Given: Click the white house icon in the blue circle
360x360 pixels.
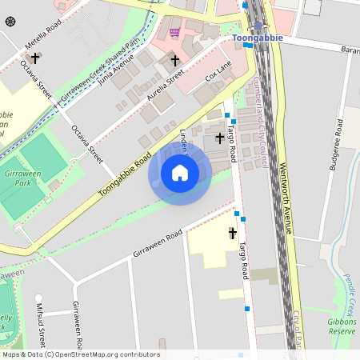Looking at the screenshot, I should click(180, 173).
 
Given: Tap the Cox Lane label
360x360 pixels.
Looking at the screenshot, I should click(218, 75).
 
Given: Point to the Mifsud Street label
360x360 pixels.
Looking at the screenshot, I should click(41, 323).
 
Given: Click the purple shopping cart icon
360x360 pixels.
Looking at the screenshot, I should click(174, 32).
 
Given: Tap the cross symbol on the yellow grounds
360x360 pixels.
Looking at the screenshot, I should click(233, 234).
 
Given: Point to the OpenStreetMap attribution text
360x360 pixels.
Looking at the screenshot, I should click(80, 354).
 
